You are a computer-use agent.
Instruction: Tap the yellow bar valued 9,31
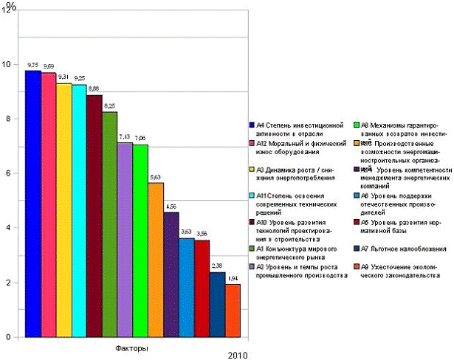63,210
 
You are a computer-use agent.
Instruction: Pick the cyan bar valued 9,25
79,210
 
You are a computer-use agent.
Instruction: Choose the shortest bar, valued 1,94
233,311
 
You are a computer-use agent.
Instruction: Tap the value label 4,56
171,206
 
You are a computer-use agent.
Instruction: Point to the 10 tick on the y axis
7,64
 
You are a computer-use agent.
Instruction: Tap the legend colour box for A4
252,126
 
